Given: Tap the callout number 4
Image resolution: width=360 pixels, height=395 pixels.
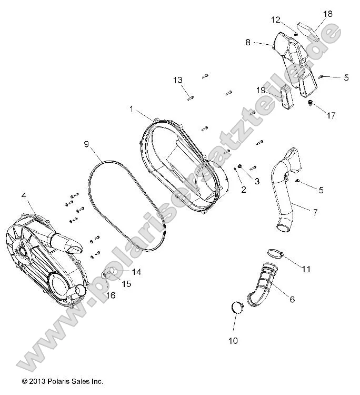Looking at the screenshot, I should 24,196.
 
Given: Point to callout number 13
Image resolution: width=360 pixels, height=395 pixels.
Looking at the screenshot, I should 178,80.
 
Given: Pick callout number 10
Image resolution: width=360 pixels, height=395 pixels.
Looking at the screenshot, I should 233,341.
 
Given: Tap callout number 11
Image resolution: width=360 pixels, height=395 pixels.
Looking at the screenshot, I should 306,269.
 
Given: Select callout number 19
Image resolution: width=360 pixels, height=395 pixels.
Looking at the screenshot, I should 261,90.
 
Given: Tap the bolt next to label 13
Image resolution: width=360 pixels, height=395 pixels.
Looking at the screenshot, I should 191,97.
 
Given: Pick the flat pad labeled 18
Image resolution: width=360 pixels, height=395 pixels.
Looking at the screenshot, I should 308,31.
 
